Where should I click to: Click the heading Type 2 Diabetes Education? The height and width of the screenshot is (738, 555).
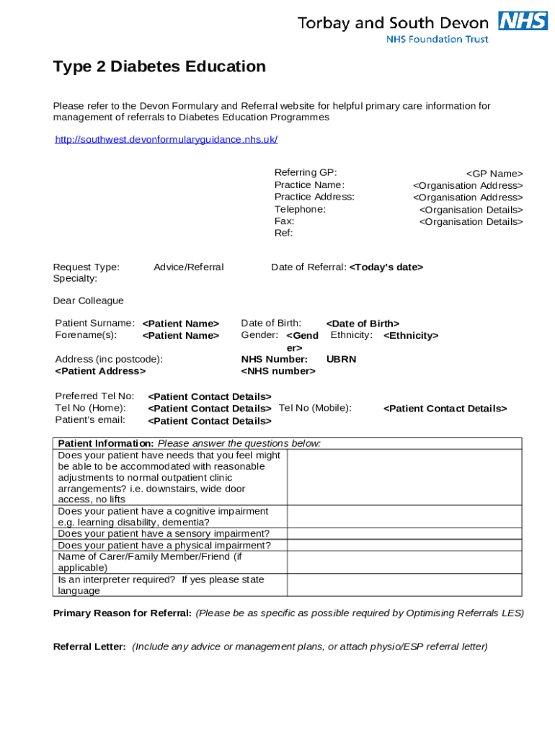pyautogui.click(x=159, y=67)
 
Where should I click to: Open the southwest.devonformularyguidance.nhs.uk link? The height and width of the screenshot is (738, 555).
pyautogui.click(x=166, y=139)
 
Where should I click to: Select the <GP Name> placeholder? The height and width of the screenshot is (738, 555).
pyautogui.click(x=494, y=173)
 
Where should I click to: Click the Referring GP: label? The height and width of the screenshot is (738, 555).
pyautogui.click(x=306, y=172)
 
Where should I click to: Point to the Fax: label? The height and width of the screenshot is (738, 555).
pyautogui.click(x=284, y=221)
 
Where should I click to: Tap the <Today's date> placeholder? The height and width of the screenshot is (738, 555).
pyautogui.click(x=386, y=267)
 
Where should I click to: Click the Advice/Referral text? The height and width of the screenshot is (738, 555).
pyautogui.click(x=188, y=267)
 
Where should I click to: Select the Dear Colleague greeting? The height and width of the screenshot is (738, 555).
pyautogui.click(x=88, y=301)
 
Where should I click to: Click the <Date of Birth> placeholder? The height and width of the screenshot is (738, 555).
pyautogui.click(x=363, y=324)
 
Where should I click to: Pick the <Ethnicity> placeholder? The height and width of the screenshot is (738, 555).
pyautogui.click(x=410, y=336)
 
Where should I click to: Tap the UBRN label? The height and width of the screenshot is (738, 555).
pyautogui.click(x=341, y=359)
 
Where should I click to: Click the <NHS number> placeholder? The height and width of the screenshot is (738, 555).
pyautogui.click(x=278, y=371)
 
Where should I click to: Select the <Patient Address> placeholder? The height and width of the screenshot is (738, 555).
pyautogui.click(x=100, y=371)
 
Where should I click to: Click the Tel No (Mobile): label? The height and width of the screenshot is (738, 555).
pyautogui.click(x=315, y=408)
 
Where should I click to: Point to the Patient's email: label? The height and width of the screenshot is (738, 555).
pyautogui.click(x=90, y=419)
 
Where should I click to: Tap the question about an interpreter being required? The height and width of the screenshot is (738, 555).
pyautogui.click(x=161, y=585)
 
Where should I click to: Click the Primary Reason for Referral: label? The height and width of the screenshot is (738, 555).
pyautogui.click(x=123, y=613)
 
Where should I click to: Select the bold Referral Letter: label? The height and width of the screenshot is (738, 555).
pyautogui.click(x=90, y=646)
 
